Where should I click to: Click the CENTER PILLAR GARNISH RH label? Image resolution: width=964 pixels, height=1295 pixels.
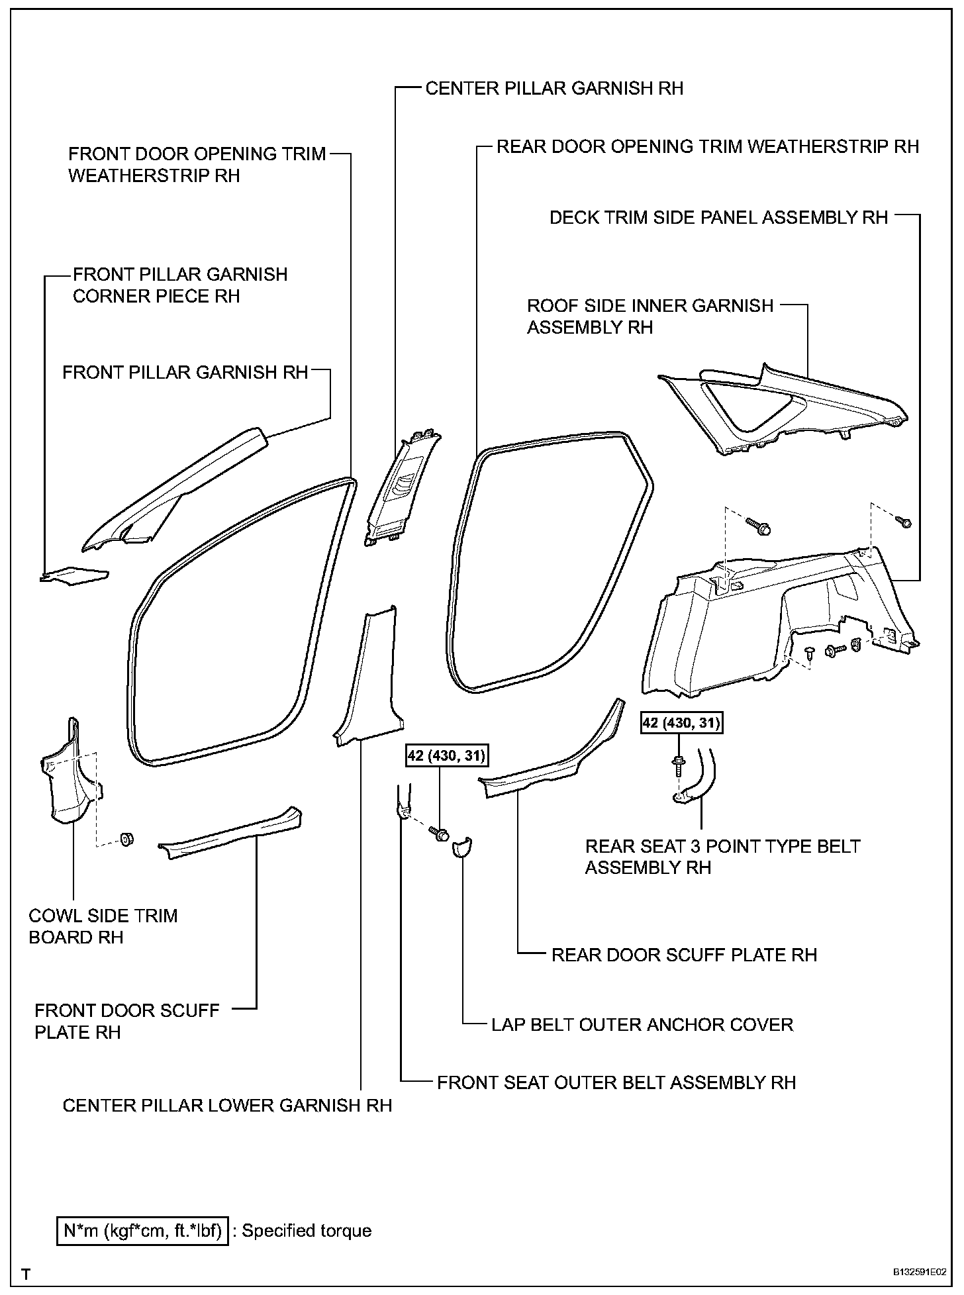coord(554,88)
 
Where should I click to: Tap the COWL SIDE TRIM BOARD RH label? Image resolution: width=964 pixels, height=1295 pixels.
coord(103,926)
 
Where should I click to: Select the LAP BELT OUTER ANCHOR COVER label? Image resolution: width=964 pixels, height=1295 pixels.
coord(642,1025)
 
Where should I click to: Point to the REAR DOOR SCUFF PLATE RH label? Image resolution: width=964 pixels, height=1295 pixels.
coord(684,955)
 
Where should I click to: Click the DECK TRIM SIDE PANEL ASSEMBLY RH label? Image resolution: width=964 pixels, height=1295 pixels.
coord(718,218)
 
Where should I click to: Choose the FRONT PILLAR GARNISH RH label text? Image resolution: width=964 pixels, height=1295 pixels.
coord(185,372)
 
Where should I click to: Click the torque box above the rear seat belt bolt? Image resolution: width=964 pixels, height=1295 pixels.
coord(681,722)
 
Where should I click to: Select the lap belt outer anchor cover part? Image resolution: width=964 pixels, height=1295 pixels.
coord(461,847)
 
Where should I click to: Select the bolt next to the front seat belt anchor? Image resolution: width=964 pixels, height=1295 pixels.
coord(438,834)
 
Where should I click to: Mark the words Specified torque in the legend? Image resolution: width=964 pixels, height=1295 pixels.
coord(307,1231)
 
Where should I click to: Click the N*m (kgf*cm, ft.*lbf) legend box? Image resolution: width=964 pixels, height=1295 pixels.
coord(143,1231)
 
